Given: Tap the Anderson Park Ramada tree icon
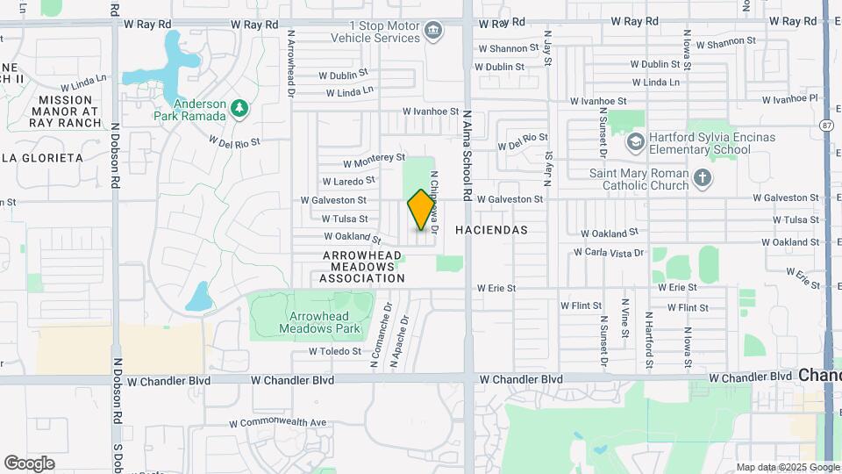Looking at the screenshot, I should [x=239, y=109].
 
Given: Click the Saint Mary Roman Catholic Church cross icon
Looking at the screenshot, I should [x=702, y=179].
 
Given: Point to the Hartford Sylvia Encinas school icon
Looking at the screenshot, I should [x=635, y=141].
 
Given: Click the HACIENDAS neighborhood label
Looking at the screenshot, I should [x=491, y=229].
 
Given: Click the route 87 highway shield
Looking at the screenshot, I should [x=827, y=126].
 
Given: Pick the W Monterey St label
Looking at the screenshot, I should [x=374, y=161].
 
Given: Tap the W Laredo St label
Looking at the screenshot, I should [x=348, y=181].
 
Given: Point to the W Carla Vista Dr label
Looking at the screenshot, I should [x=609, y=252].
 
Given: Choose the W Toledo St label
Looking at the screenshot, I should [x=334, y=351].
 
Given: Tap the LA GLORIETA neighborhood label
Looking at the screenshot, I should [x=41, y=158].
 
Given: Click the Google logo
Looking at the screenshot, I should [x=29, y=463].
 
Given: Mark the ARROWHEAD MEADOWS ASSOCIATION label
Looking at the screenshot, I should [x=362, y=266].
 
